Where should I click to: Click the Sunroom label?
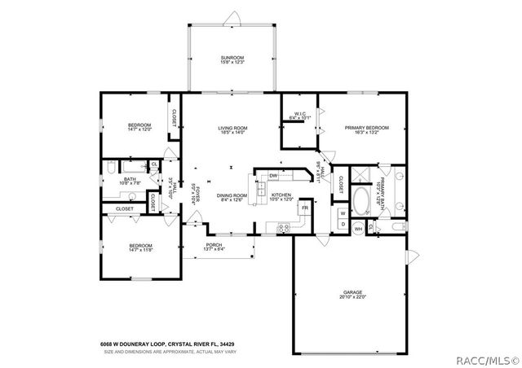232,57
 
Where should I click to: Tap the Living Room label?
232,128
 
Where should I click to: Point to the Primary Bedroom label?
366,128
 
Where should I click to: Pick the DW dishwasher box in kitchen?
274,176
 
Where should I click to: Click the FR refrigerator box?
304,208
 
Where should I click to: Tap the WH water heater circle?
358,229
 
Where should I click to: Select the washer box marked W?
343,213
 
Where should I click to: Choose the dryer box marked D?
343,224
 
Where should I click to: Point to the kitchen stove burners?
285,226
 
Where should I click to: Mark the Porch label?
215,245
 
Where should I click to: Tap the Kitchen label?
281,195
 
